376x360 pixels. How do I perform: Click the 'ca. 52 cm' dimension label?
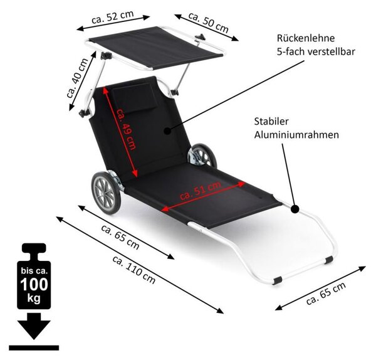point(112,17)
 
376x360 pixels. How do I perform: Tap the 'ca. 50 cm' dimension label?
point(208,22)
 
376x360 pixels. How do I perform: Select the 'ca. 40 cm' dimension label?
point(77,78)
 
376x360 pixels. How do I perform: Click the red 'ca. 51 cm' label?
point(201,191)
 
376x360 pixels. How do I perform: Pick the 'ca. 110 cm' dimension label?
point(134,270)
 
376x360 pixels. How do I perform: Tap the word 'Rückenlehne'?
point(306,38)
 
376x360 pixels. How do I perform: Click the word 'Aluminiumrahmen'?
point(296,135)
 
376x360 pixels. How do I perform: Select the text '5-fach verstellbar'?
point(316,52)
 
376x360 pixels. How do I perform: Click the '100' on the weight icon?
point(34,285)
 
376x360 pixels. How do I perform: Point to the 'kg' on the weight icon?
point(34,299)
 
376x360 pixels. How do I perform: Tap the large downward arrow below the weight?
point(34,326)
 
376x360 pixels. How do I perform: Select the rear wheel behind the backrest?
point(202,156)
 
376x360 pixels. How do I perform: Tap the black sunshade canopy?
point(156,47)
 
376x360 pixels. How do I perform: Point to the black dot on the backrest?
point(167,131)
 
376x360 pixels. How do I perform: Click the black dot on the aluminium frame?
point(295,209)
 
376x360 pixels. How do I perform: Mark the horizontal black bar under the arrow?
point(34,347)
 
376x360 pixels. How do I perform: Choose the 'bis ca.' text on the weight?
point(34,271)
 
